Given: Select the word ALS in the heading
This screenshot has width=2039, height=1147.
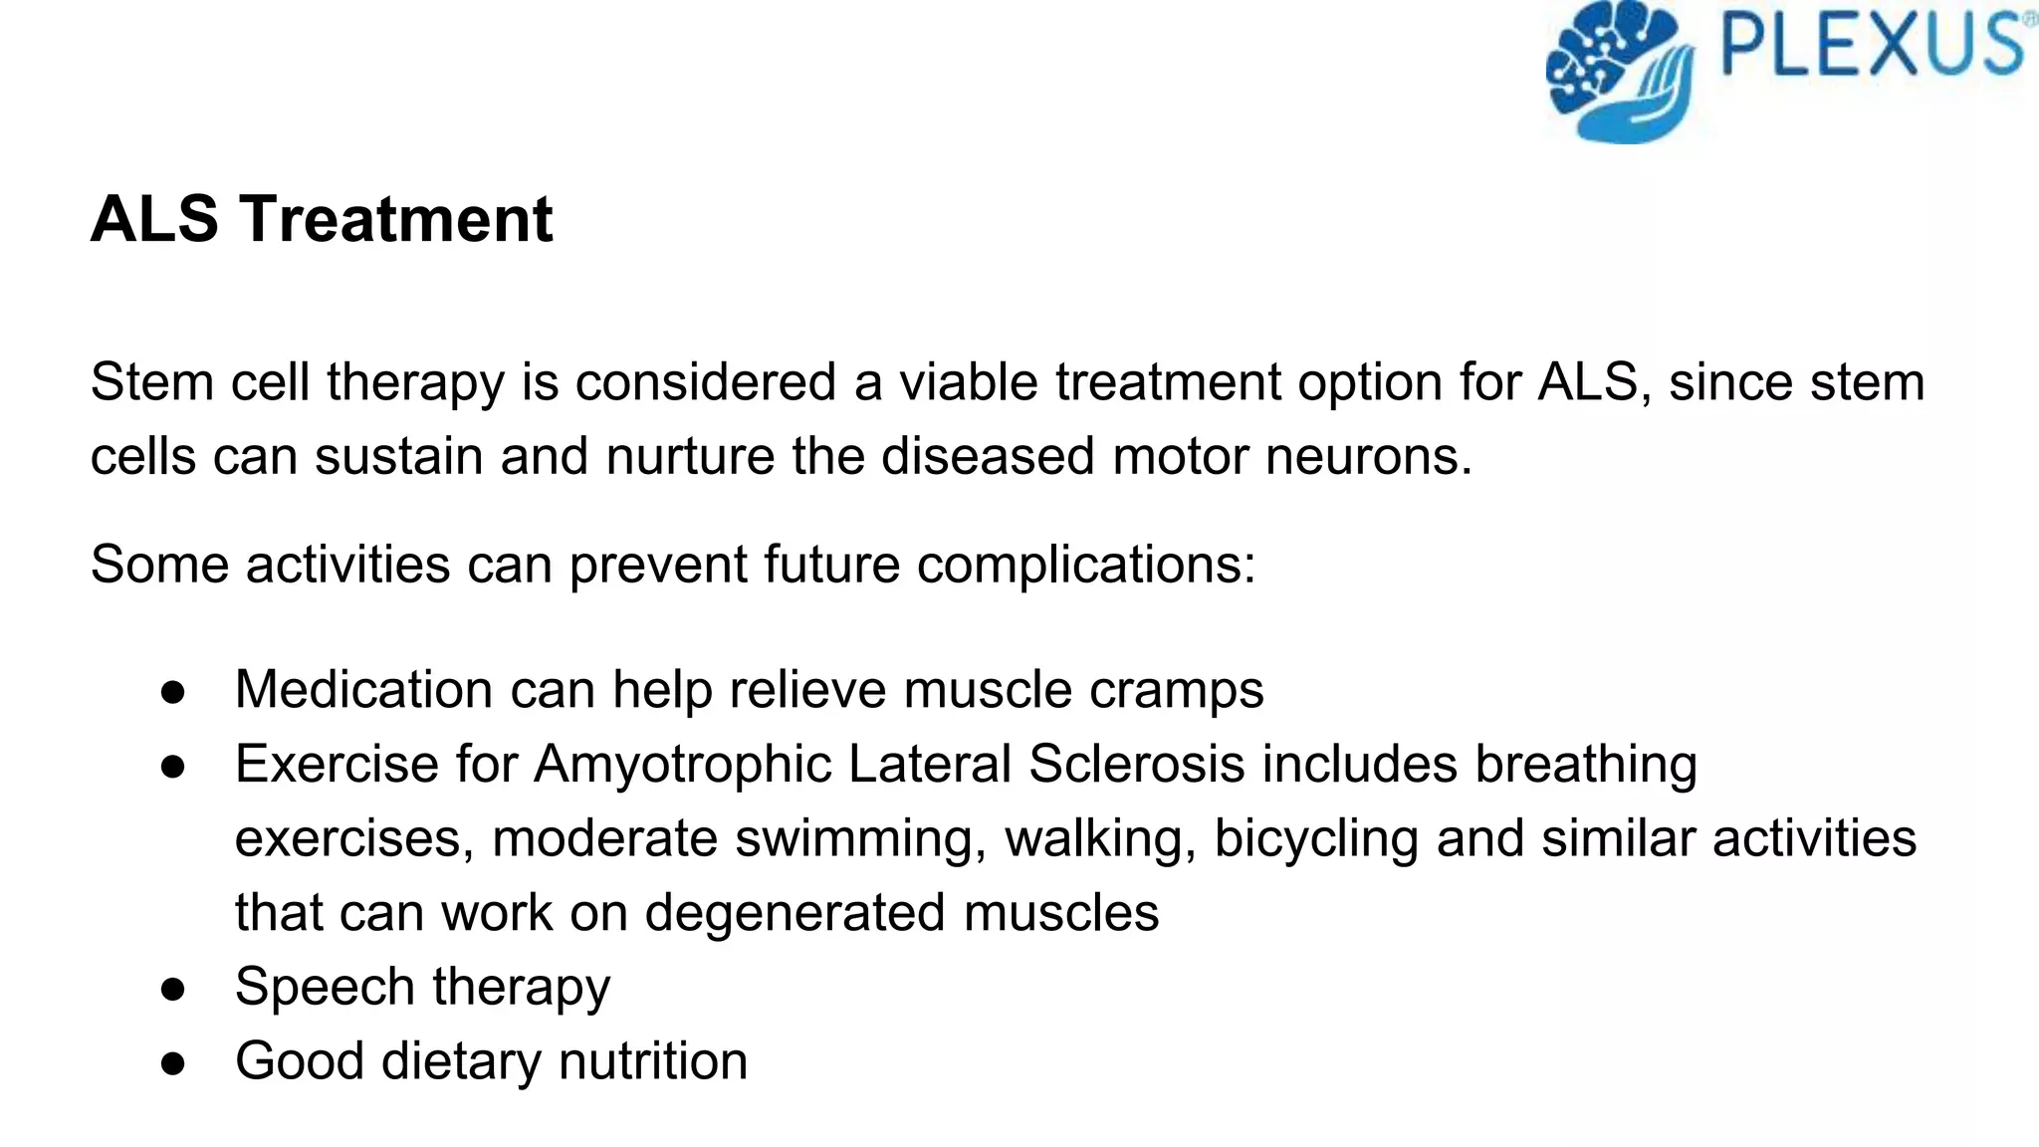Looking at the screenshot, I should point(154,219).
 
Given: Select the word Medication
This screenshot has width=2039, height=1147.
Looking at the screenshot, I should point(364,689).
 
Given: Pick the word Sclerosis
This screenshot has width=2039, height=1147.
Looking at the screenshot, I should point(1136,765).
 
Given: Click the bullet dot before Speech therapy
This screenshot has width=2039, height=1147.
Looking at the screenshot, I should point(173,989).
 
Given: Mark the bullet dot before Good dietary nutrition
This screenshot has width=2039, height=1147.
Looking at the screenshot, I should point(173,1062).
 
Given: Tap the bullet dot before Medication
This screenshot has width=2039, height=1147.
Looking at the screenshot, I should point(173,691).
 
